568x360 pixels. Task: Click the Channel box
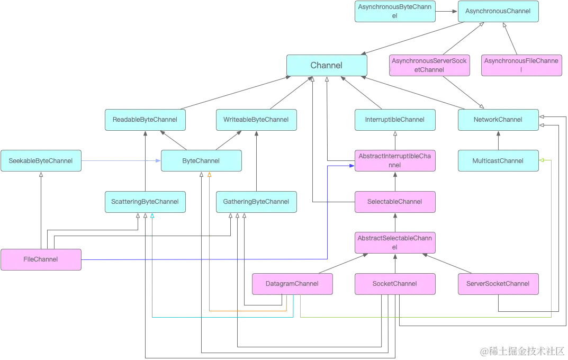(x=327, y=66)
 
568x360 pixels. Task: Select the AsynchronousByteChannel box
(x=395, y=11)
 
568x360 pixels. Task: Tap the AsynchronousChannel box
(x=498, y=11)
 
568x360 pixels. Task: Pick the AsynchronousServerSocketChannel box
(x=429, y=65)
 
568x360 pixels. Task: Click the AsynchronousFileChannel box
(x=521, y=65)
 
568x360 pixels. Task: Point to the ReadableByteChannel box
(x=145, y=120)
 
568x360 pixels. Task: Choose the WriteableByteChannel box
(x=256, y=120)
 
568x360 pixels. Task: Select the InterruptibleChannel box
(x=395, y=120)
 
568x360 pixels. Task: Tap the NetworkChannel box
(x=498, y=120)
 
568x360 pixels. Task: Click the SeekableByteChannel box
(x=41, y=161)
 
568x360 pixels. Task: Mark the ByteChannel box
(x=201, y=161)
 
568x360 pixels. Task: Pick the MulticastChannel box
(x=498, y=161)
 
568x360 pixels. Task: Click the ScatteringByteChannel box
(x=145, y=202)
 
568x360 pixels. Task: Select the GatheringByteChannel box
(x=256, y=202)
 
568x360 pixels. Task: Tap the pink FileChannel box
(x=41, y=260)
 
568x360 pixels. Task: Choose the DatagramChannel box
(x=292, y=284)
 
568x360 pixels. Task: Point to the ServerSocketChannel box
(x=498, y=284)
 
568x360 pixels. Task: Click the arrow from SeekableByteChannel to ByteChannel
(x=121, y=161)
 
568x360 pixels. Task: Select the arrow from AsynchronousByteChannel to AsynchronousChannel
(x=447, y=11)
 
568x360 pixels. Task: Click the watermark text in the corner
(x=522, y=351)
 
